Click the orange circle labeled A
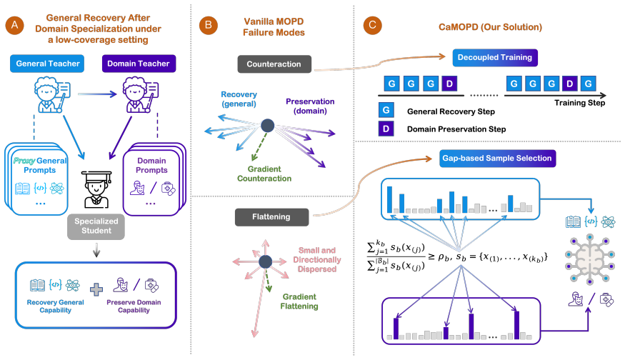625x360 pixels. [x=15, y=25]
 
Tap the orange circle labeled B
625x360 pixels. [x=208, y=25]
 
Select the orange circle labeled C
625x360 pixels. [x=372, y=25]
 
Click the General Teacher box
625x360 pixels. [x=47, y=64]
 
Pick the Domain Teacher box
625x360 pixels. [x=139, y=64]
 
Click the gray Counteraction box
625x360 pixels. [x=274, y=64]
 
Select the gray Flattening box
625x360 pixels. [x=271, y=217]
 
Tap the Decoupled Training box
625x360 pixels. [x=495, y=57]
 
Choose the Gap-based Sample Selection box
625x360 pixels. [x=497, y=159]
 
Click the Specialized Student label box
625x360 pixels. [x=96, y=226]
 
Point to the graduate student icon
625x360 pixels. [x=96, y=189]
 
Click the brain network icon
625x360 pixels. [x=590, y=259]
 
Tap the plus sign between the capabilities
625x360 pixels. [x=96, y=289]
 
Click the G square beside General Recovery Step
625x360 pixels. [x=386, y=111]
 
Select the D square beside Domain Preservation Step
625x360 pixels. [x=386, y=129]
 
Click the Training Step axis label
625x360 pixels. [x=579, y=103]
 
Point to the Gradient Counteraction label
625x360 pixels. [x=264, y=174]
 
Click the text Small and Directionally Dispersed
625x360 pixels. [x=317, y=259]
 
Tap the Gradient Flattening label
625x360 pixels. [x=299, y=301]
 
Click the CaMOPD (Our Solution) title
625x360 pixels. [x=490, y=27]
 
